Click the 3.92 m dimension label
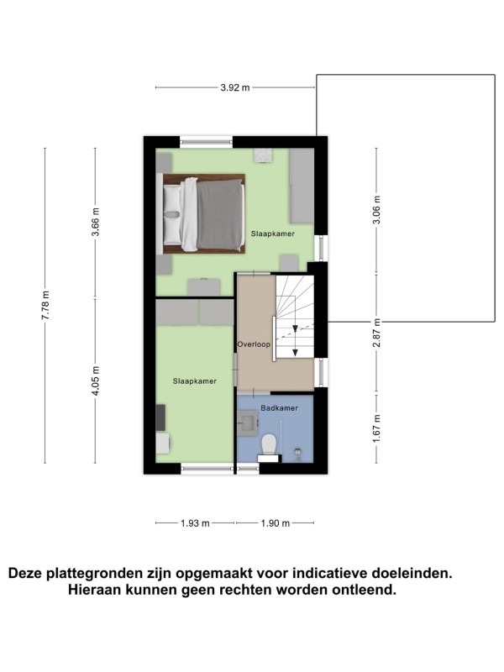tap(235, 88)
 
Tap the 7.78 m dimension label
tap(45, 305)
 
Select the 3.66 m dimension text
tap(96, 222)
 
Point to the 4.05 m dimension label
tap(96, 381)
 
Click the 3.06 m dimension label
tap(376, 210)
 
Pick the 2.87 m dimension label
tap(376, 333)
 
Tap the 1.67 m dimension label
tap(376, 428)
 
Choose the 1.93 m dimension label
tap(195, 523)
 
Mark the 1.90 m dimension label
tap(276, 523)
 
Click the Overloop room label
tap(254, 344)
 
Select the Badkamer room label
tap(279, 408)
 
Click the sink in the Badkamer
tap(249, 423)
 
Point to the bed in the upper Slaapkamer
tap(204, 213)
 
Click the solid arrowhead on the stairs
tap(296, 352)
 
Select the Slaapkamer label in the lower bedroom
tap(195, 381)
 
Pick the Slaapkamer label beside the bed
tap(272, 234)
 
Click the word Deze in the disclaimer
tap(26, 573)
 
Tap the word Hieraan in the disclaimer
tap(94, 590)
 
